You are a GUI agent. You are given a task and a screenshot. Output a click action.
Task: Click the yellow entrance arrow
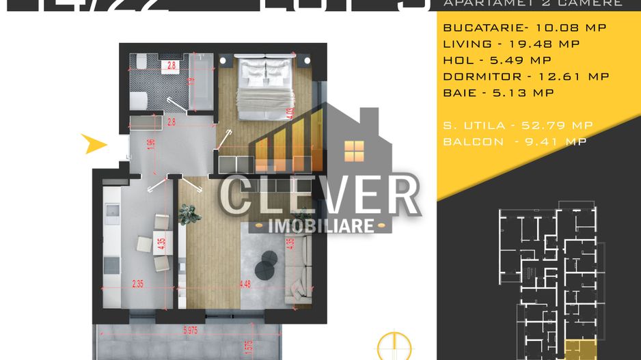pos(95,143)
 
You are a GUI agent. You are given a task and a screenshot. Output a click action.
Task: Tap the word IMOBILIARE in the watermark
pos(320,225)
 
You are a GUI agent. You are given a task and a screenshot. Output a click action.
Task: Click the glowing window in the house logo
pos(355,151)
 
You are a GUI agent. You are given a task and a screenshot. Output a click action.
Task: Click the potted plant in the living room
pos(189,214)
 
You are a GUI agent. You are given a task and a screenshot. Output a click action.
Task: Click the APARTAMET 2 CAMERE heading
pos(533,3)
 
